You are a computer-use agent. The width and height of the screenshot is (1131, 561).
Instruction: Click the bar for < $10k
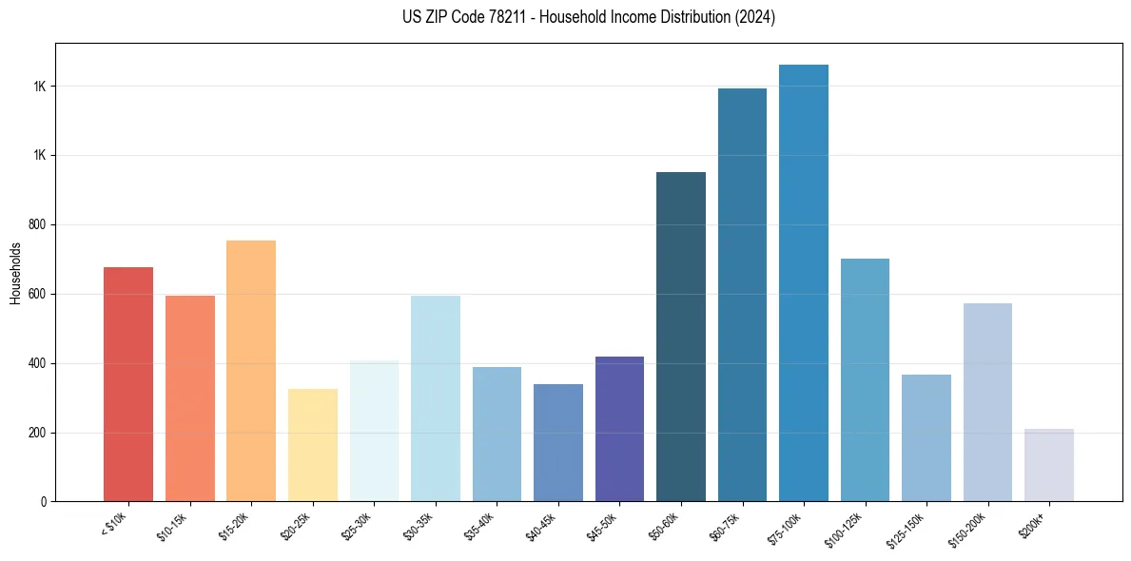click(128, 384)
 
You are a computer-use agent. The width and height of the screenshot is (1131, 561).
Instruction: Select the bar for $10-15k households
click(189, 398)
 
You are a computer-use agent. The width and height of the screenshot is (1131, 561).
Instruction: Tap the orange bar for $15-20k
click(251, 371)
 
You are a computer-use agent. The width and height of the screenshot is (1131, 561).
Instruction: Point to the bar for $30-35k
click(436, 398)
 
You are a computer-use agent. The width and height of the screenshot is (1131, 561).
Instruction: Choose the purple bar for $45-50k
click(619, 429)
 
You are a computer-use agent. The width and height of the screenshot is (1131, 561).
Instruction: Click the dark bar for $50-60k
click(681, 337)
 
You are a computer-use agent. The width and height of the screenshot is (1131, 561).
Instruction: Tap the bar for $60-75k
click(742, 295)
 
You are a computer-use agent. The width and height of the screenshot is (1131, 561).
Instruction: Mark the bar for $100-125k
click(865, 380)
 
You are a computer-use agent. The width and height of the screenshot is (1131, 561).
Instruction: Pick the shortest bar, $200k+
click(1049, 465)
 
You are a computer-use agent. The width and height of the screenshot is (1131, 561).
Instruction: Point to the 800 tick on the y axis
click(39, 225)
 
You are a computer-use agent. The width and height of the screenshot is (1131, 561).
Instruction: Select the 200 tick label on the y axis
click(39, 433)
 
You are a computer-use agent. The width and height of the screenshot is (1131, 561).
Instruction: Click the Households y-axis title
click(15, 273)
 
